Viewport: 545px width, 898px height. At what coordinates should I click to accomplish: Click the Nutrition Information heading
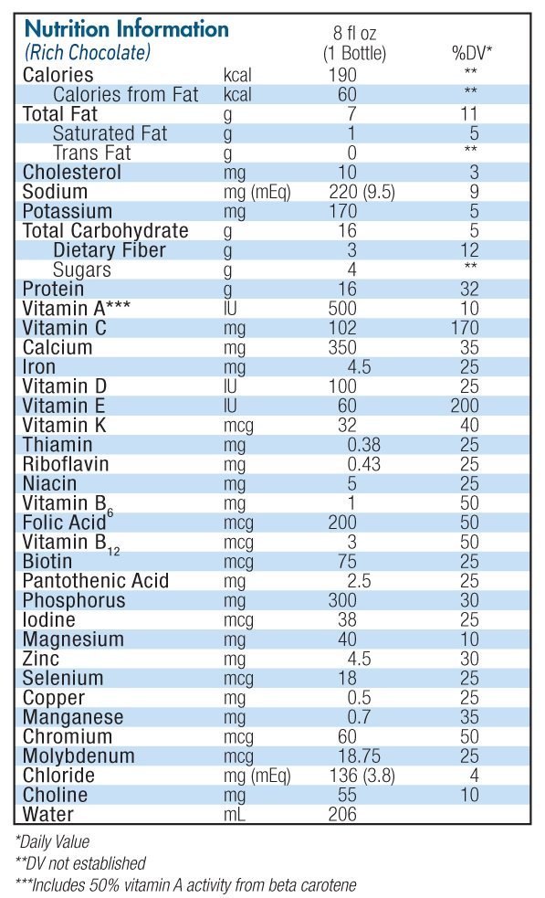coord(127,28)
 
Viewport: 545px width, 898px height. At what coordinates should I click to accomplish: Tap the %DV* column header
coord(472,53)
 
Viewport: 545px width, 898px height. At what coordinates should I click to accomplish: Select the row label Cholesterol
coord(71,173)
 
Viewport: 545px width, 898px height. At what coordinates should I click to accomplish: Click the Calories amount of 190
coord(342,75)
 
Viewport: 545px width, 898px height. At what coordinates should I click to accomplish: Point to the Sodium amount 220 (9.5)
coord(362,192)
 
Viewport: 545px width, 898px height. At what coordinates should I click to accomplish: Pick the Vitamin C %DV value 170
coord(465,328)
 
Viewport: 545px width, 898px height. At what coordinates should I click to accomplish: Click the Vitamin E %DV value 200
coord(465,406)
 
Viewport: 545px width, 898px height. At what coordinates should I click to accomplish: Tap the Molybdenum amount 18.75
coord(360,756)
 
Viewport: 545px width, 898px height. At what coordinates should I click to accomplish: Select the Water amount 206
coord(342,814)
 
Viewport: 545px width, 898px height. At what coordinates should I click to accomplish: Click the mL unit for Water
coord(234,814)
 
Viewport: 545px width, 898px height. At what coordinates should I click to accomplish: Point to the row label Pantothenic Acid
coord(96,581)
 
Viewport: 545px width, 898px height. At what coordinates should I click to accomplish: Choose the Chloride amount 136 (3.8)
coord(362,776)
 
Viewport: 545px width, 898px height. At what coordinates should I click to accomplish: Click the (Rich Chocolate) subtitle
coord(88,53)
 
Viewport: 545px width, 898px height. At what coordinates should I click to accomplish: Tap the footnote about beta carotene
coord(185,885)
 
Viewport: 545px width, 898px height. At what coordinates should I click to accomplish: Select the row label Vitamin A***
coord(76,309)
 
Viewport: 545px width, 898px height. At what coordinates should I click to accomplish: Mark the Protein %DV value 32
coord(469,290)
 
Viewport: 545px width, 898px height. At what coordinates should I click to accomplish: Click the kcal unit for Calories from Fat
coord(237,94)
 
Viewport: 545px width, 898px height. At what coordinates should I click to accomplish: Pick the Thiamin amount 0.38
coord(363,445)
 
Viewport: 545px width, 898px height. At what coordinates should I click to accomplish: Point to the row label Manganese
coord(73,717)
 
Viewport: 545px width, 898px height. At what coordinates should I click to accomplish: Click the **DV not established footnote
coord(80,863)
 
